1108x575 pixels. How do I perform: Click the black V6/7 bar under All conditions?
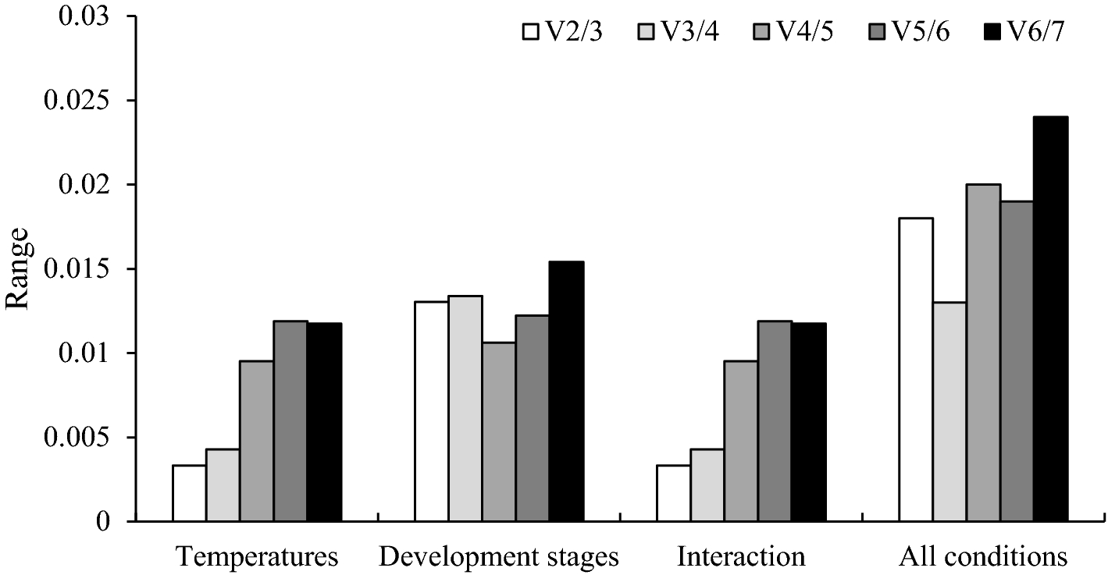pyautogui.click(x=1050, y=319)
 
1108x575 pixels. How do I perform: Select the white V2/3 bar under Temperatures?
pyautogui.click(x=189, y=493)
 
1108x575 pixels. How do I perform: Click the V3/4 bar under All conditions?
pyautogui.click(x=949, y=411)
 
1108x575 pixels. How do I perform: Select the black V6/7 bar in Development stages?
pyautogui.click(x=566, y=391)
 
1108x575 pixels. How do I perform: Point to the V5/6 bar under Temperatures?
pyautogui.click(x=290, y=421)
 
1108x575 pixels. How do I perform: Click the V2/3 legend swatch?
pyautogui.click(x=530, y=34)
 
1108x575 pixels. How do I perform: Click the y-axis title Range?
pyautogui.click(x=18, y=268)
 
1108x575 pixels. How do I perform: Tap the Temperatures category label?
pyautogui.click(x=257, y=557)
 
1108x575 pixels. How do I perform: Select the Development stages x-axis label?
pyautogui.click(x=499, y=557)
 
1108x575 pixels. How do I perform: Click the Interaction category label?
pyautogui.click(x=741, y=557)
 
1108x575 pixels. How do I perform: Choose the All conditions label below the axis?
pyautogui.click(x=983, y=557)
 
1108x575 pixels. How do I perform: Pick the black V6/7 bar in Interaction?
pyautogui.click(x=808, y=422)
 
